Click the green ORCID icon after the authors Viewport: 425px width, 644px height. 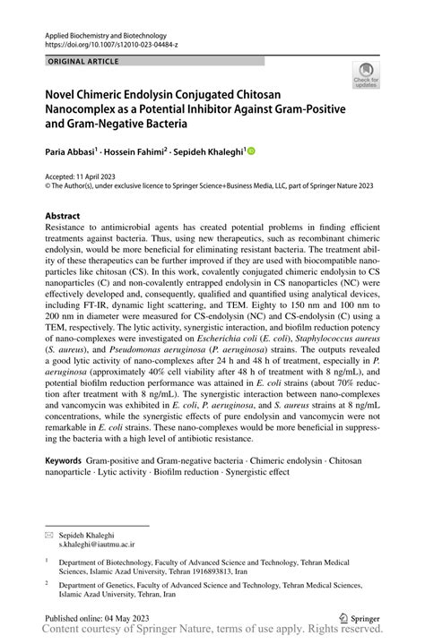pyautogui.click(x=251, y=151)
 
